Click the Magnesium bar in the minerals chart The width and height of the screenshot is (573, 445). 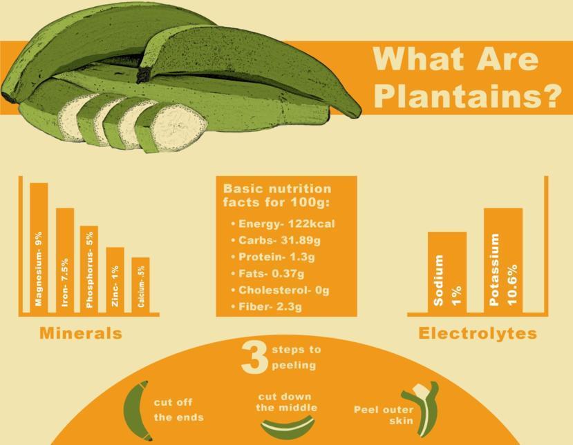coord(39,248)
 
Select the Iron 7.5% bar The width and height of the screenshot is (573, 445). coord(65,260)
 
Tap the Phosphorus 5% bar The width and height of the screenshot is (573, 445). coord(89,269)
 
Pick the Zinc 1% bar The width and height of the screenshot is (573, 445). coord(115,280)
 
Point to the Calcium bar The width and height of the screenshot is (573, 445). coord(141,285)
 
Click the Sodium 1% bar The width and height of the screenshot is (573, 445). coord(447,272)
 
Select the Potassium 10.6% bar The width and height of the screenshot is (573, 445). coord(503,260)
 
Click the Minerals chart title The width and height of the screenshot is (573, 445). coord(81,333)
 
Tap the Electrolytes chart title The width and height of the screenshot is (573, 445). coord(478,333)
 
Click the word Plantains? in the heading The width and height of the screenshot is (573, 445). coord(468,96)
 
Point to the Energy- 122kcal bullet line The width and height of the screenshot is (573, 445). coord(283,224)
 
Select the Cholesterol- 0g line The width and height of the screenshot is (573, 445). coord(281,290)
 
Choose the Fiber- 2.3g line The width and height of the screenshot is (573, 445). coord(267,306)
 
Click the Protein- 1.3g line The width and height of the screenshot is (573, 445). coord(273,257)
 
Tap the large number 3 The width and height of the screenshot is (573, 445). coord(254,357)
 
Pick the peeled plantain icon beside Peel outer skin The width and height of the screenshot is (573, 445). coord(423,409)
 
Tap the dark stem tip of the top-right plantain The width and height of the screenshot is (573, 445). coord(143,75)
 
